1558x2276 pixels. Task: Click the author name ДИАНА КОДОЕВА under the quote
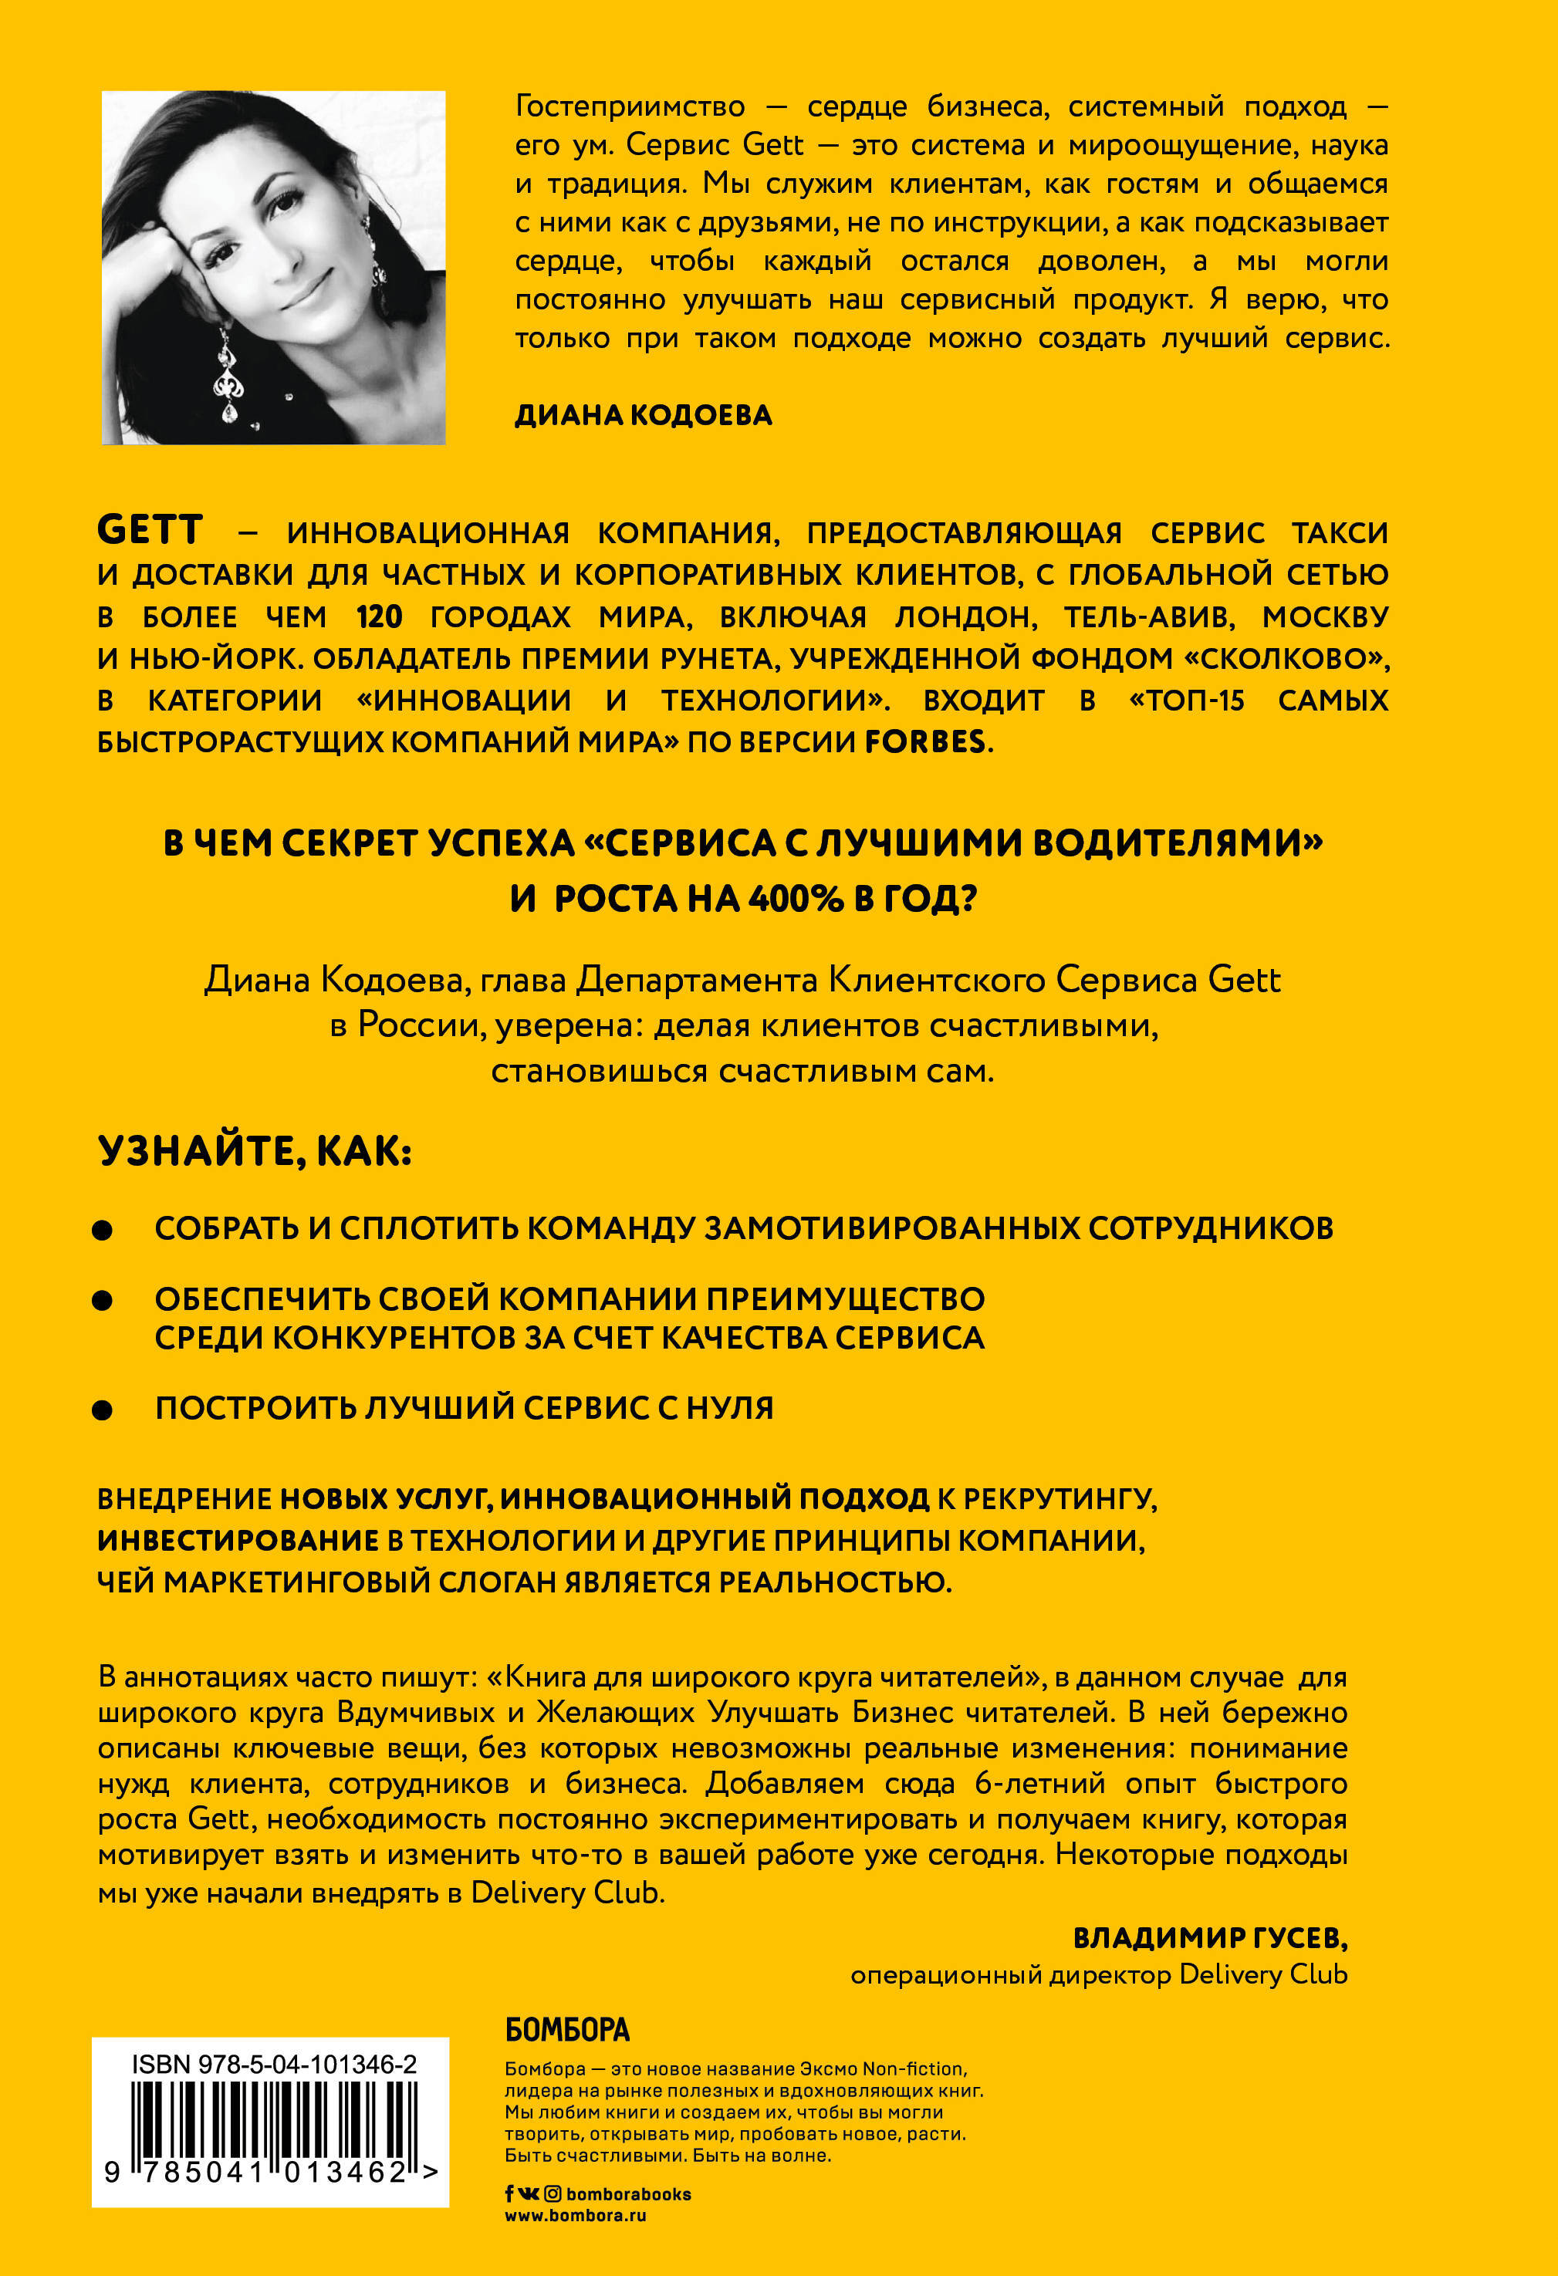click(644, 415)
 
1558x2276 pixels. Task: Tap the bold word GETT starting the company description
click(150, 530)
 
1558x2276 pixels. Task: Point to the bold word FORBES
click(924, 741)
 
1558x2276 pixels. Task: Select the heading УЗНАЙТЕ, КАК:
click(255, 1151)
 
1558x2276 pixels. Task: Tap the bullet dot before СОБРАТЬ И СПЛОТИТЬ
click(102, 1230)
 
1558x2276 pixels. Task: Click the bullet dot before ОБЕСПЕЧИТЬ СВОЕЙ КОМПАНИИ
click(102, 1301)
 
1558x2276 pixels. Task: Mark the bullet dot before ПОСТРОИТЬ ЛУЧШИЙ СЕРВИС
click(102, 1410)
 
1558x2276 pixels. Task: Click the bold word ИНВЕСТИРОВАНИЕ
click(238, 1541)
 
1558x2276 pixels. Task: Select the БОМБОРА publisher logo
click(567, 2030)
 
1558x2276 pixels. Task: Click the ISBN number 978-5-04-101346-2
click(307, 2065)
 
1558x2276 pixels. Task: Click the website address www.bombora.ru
click(575, 2215)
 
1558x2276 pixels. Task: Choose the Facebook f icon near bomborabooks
click(509, 2195)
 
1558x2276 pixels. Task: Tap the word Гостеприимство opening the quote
click(630, 106)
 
